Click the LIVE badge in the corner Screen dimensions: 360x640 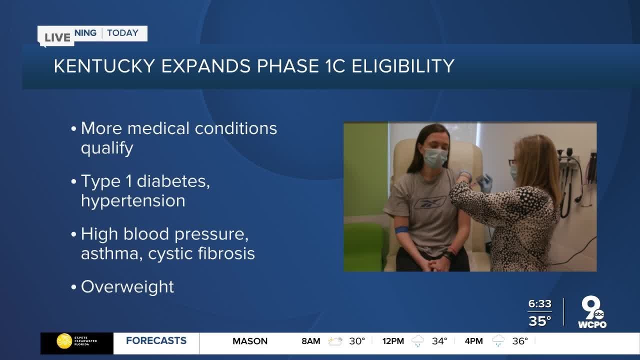coord(57,37)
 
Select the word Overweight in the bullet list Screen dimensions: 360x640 coord(127,287)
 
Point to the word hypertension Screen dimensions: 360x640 coord(133,200)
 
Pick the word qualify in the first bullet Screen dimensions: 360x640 coord(107,148)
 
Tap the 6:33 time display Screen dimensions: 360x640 coord(539,304)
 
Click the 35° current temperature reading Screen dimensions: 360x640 coord(540,320)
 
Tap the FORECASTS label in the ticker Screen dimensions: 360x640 coord(156,341)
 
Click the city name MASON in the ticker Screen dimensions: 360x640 coord(250,341)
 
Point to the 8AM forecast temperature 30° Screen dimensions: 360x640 coord(357,341)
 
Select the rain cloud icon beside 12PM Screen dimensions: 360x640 coord(417,341)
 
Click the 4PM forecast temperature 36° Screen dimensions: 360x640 coord(520,341)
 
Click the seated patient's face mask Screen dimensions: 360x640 coord(435,158)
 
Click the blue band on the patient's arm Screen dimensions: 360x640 coord(401,230)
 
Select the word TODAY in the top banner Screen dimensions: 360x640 coord(122,33)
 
